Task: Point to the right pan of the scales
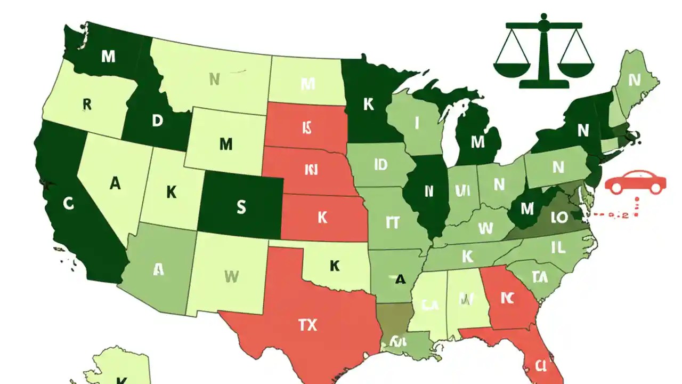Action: click(x=575, y=68)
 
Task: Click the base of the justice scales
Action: click(x=543, y=84)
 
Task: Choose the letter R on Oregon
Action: click(x=87, y=104)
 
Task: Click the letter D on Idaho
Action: click(x=157, y=121)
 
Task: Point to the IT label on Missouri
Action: click(x=392, y=222)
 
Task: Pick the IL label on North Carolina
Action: click(x=558, y=247)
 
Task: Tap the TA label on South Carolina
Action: click(x=540, y=276)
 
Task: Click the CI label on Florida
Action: click(x=540, y=366)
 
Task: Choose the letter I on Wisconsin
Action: click(x=417, y=123)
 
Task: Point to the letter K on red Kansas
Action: click(x=322, y=217)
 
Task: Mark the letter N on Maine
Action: click(x=634, y=81)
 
